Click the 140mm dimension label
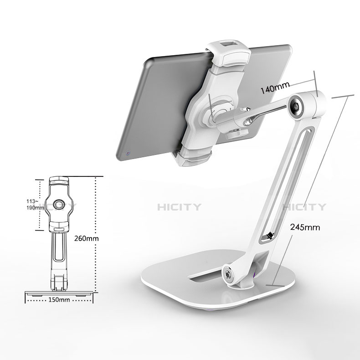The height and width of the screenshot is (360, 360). pos(275,87)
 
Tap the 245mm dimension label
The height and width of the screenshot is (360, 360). pos(305,227)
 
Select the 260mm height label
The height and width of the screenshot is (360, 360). pos(86,238)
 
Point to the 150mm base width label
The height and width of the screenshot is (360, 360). pos(59,299)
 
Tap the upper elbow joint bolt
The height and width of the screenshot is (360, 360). pos(296,106)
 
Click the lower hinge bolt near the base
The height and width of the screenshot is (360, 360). pos(228,274)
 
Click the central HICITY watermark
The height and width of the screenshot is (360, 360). pos(179,207)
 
